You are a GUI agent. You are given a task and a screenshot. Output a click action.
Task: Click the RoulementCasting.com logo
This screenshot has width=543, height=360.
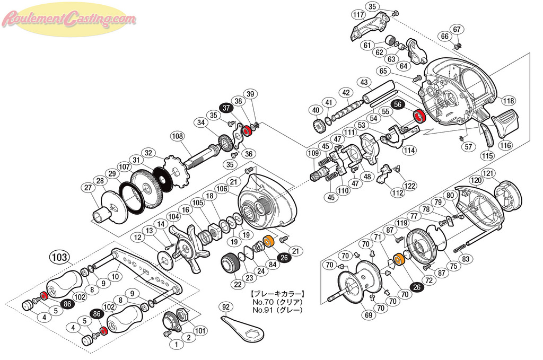(69, 20)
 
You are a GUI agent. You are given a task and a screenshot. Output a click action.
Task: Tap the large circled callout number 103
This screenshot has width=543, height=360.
(60, 258)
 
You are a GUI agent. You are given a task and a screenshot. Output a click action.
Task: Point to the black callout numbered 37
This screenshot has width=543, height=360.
(226, 108)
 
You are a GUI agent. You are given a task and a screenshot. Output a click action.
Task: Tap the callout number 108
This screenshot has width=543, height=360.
(177, 136)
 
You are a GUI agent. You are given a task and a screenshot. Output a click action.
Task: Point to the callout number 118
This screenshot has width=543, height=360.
(509, 101)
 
